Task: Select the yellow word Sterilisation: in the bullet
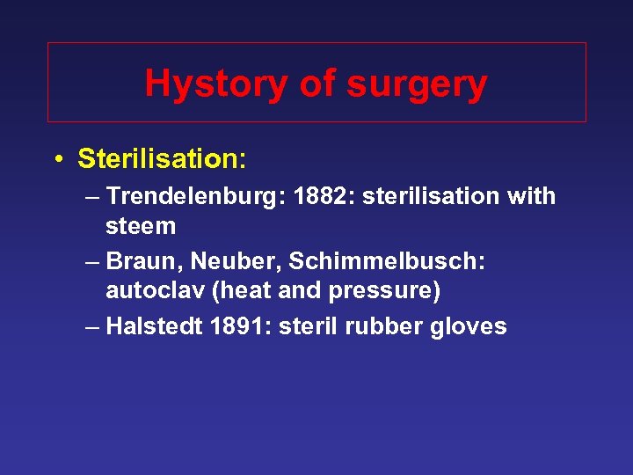point(162,159)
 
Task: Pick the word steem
point(141,226)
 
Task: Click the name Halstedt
point(155,326)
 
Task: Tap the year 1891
point(239,326)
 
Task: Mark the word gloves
point(469,326)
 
